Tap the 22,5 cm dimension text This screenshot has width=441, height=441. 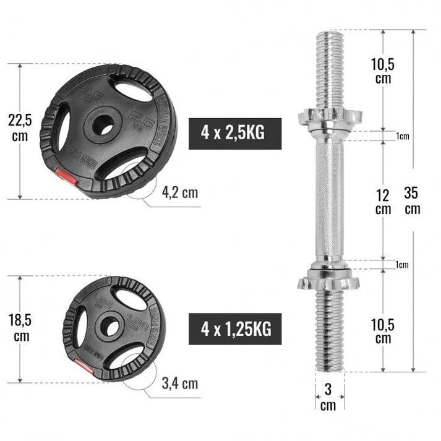point(20,127)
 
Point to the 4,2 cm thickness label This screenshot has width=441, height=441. point(180,192)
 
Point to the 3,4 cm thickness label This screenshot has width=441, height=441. point(181,383)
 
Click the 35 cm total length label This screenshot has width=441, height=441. point(412,200)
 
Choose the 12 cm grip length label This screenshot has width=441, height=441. point(383,202)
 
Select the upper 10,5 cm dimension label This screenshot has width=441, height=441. point(383,71)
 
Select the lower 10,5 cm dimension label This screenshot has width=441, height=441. point(383,331)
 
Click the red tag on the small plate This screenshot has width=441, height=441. point(85,369)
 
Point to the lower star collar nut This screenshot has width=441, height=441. point(328,280)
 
